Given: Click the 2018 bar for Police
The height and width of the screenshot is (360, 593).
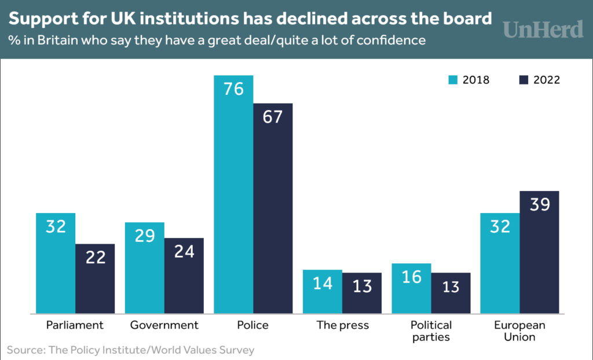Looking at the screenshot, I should coord(233,194).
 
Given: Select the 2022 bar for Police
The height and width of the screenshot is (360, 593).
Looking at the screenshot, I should coord(273,208).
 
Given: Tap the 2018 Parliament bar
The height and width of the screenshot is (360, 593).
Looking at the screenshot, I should coord(56,263).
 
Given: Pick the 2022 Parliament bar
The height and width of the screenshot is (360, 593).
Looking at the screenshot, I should coord(95,278).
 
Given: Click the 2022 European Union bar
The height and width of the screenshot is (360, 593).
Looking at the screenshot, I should coord(539,252).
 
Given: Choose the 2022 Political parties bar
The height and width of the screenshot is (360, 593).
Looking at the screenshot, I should coord(451,293).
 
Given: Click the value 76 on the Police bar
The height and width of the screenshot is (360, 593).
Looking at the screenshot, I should coord(233,90).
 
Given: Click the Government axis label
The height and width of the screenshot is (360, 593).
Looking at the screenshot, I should coord(164,325).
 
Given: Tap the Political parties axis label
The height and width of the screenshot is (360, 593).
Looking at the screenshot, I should coord(431,331).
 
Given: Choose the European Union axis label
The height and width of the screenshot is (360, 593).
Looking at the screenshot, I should coord(519,331).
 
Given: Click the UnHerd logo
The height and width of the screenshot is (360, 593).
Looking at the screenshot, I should coord(542,29).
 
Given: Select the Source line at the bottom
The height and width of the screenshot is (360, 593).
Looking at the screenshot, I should coord(131,350).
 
